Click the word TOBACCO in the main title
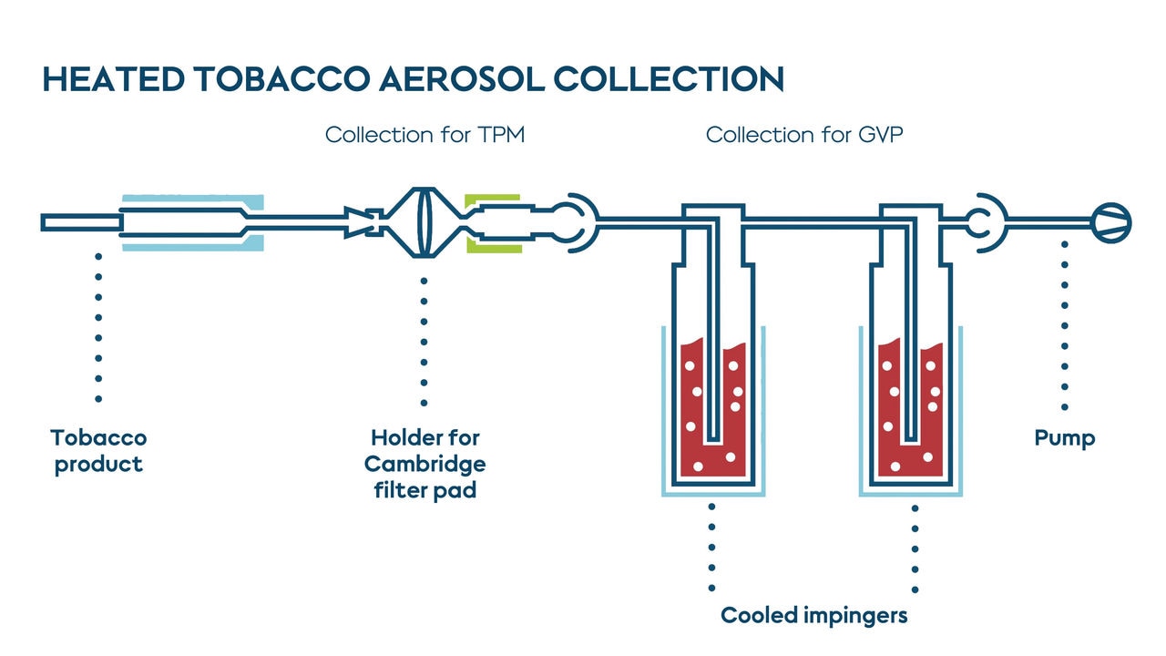tap(277, 79)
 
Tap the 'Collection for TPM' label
tap(424, 136)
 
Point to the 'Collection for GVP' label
tap(804, 136)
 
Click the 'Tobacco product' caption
tap(98, 451)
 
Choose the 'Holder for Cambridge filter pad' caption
tap(424, 464)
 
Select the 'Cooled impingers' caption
tap(813, 615)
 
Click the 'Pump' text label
tap(1064, 438)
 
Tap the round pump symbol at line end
tap(1111, 221)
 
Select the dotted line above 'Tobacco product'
tap(98, 328)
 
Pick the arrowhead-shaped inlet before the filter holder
tap(358, 222)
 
